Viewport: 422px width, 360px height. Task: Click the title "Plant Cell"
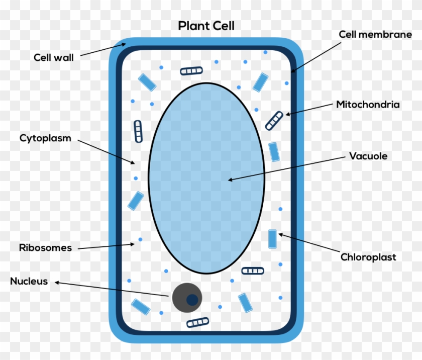point(206,26)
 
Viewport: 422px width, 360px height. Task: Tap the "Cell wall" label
point(54,57)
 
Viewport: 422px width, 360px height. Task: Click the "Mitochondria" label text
point(368,105)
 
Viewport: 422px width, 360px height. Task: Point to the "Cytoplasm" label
point(45,138)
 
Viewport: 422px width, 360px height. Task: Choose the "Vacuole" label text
point(368,156)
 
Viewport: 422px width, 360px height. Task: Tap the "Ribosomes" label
point(45,247)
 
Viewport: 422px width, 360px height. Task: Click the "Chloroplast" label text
point(368,257)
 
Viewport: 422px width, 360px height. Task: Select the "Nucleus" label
point(29,281)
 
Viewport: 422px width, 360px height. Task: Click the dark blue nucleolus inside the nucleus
point(192,300)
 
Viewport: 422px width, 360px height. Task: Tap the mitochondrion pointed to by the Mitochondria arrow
point(274,121)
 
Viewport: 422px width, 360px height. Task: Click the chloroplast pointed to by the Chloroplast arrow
point(272,239)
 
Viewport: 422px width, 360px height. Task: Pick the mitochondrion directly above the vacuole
point(191,71)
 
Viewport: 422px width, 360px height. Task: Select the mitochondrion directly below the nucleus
point(197,322)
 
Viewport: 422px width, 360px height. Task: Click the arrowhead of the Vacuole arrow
point(230,179)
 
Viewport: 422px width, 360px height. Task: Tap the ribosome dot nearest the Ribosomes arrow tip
point(140,239)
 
